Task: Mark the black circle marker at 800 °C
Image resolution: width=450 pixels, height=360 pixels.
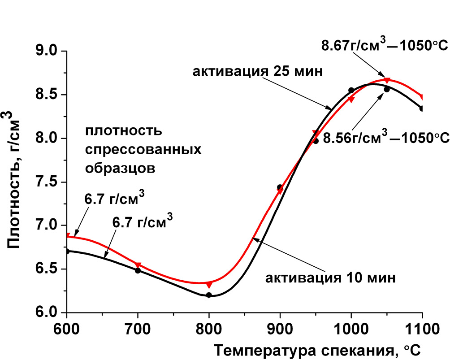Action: coord(209,295)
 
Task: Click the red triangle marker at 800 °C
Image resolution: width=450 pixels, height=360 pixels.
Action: coord(209,285)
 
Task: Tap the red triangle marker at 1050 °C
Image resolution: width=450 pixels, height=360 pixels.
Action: coord(387,80)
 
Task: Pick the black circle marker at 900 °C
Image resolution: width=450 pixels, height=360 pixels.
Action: coord(280,187)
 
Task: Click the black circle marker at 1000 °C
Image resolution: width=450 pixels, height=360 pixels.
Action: coord(351,90)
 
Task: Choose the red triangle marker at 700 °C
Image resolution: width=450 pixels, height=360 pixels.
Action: coord(138,265)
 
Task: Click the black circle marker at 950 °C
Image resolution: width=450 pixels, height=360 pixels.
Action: coord(316,141)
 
